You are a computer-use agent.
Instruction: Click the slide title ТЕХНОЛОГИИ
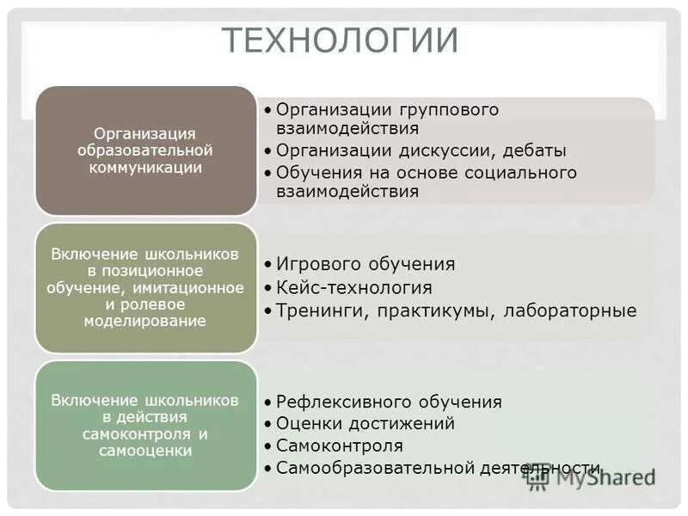tap(341, 40)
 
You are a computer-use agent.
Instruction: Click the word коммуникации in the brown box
tap(145, 168)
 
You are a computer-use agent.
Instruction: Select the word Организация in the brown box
tap(145, 133)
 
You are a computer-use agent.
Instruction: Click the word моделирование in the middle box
tap(145, 321)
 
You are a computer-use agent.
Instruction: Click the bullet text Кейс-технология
tap(354, 287)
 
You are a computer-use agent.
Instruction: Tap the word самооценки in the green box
tap(145, 450)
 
